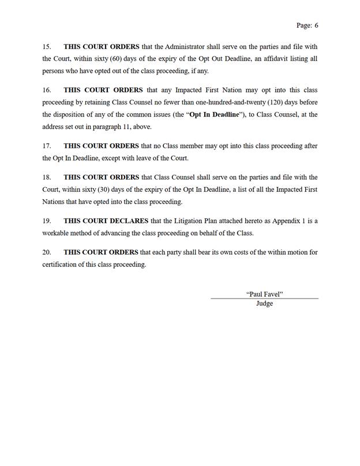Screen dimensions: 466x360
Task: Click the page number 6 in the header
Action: pos(316,25)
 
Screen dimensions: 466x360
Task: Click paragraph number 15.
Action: pos(47,46)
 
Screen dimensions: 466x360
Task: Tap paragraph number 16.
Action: pos(47,90)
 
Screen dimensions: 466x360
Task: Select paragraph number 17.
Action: pos(47,146)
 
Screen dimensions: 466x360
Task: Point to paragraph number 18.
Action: pos(47,177)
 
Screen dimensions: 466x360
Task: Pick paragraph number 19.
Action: pos(47,221)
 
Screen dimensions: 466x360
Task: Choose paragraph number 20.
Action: pos(47,252)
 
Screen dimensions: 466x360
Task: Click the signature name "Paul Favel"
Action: pos(264,294)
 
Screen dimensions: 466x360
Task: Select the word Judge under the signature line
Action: pos(264,304)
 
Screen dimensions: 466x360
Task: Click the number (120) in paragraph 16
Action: pos(277,102)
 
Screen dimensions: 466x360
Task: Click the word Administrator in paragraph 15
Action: pos(185,46)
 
